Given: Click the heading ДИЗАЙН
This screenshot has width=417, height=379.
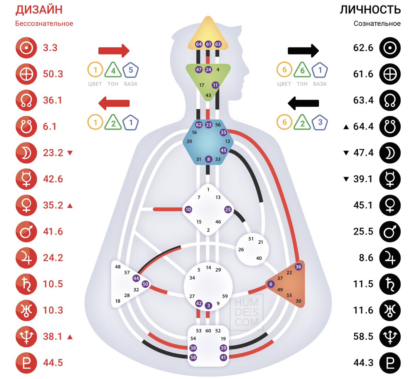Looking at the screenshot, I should [39, 9].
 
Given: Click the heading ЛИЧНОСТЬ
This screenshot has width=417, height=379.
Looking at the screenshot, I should [370, 9].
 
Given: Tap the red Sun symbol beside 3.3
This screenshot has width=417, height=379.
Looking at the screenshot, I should [26, 48].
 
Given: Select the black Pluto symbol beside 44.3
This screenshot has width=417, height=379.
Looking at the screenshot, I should [390, 363].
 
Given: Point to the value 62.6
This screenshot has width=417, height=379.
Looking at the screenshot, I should [363, 48].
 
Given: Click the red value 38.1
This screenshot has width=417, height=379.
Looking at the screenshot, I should [53, 337].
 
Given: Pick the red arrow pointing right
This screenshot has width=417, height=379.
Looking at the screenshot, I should [114, 51].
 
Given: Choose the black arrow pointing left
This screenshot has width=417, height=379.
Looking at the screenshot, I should [303, 103].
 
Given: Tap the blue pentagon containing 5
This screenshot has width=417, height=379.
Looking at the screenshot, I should [131, 70].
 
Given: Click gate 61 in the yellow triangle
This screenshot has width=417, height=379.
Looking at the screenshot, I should [208, 44].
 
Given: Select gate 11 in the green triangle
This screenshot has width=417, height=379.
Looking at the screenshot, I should [215, 85].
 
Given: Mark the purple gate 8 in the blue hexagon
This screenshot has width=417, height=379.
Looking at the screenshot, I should [208, 159].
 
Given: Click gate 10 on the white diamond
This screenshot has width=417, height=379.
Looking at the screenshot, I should [188, 209].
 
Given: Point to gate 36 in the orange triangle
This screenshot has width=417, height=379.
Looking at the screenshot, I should [298, 267].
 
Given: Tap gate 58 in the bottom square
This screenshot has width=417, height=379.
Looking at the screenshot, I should [193, 357].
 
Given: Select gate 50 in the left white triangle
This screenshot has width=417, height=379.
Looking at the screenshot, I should [145, 284].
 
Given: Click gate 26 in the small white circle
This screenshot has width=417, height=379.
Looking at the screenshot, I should [241, 249].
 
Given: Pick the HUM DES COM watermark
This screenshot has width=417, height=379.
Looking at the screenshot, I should [246, 312].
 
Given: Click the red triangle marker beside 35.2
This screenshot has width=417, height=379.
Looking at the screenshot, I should [70, 206].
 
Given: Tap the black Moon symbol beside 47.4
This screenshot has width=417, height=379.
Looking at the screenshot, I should [390, 153].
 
